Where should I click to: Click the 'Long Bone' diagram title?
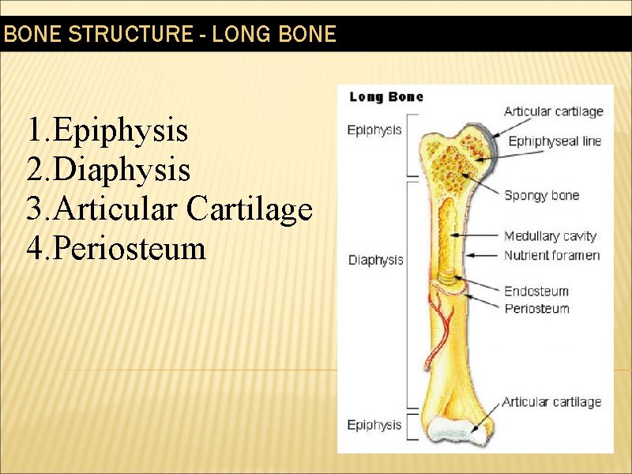pos(386,97)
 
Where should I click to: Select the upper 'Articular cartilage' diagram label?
pos(553,111)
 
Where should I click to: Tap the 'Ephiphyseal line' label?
pos(554,141)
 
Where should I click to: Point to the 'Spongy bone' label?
pos(541,195)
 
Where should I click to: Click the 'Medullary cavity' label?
pos(550,235)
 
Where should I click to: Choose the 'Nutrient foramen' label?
pos(551,255)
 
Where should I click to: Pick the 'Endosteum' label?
pos(536,291)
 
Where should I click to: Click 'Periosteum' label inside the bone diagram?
pos(536,308)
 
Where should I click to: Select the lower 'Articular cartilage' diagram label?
pos(551,402)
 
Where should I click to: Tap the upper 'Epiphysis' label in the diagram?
pos(374,130)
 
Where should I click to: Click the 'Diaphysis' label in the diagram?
pos(376,260)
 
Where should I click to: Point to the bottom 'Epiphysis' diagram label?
pos(374,425)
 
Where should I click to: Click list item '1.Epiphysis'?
pos(107,130)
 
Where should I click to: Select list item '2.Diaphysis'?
pos(108,170)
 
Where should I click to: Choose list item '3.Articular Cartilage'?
pos(169,209)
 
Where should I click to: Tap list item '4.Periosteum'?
pos(115,249)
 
